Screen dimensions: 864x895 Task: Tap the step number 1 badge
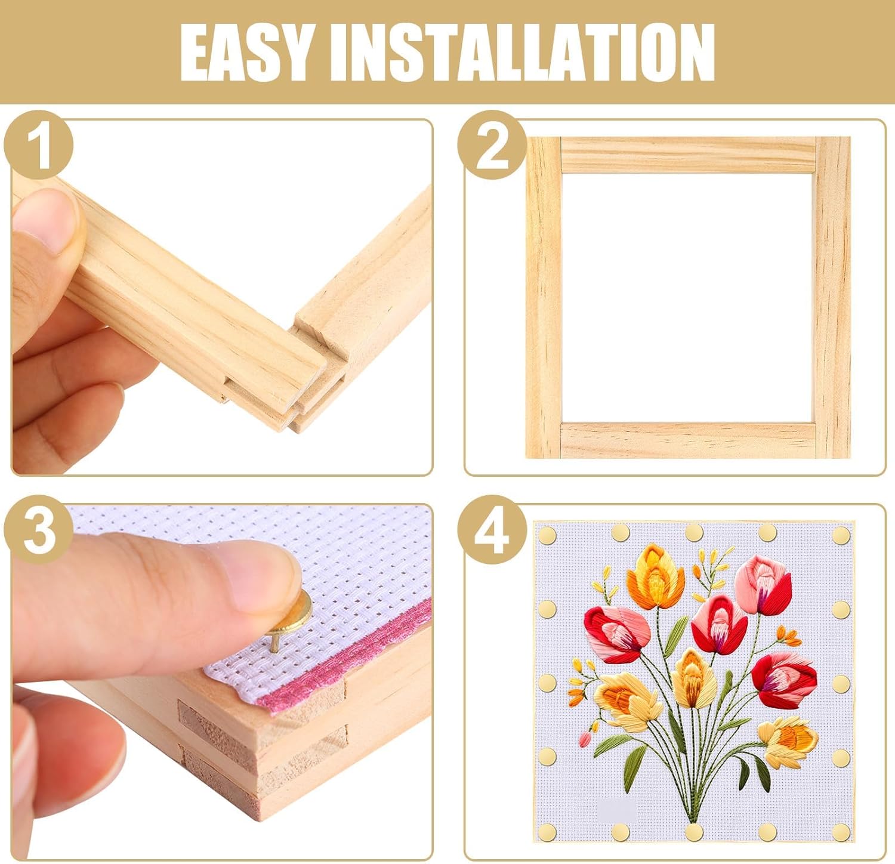[x=38, y=147]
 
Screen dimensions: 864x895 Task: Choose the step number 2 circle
[x=492, y=147]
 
